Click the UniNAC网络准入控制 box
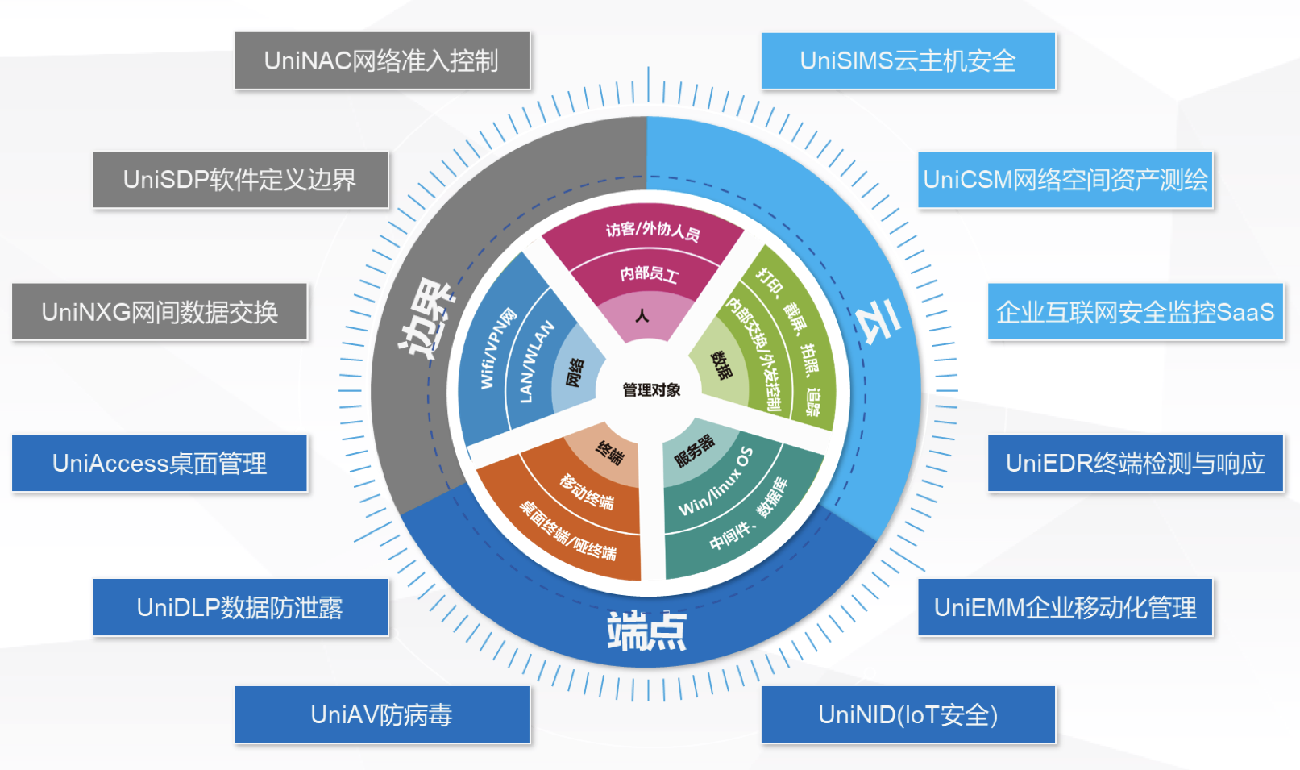click(x=382, y=61)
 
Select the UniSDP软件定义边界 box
click(x=240, y=179)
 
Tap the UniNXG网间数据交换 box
click(x=160, y=312)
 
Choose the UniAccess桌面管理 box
click(x=160, y=463)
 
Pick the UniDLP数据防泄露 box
click(x=240, y=607)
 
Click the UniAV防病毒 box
click(x=382, y=714)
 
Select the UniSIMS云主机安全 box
click(x=908, y=61)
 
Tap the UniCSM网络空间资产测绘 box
click(x=1065, y=179)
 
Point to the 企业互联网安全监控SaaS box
click(x=1135, y=312)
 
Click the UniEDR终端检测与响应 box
click(x=1135, y=463)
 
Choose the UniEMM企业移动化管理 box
click(x=1065, y=607)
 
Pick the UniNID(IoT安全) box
click(x=908, y=714)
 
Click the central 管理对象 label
click(x=651, y=390)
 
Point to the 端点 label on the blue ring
click(x=647, y=631)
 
